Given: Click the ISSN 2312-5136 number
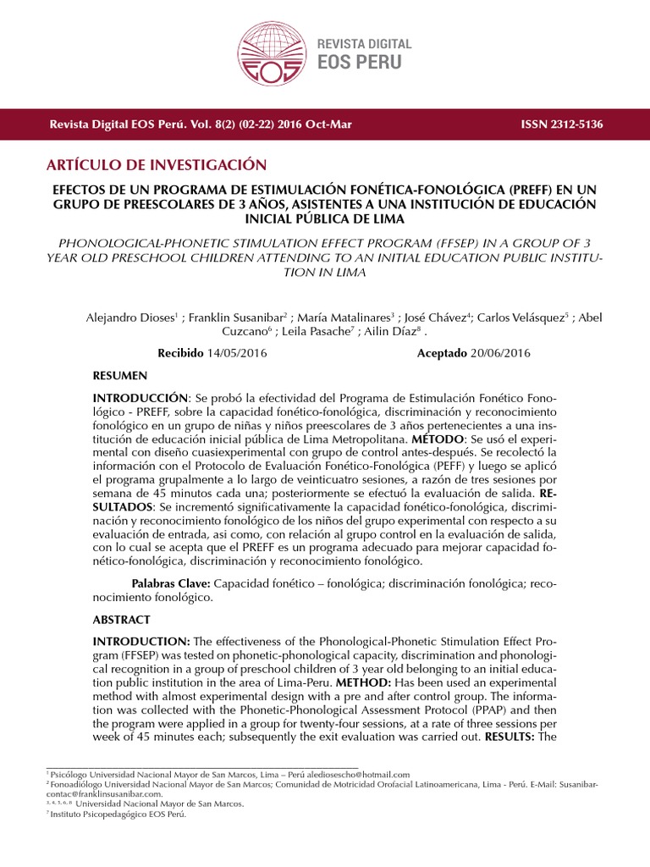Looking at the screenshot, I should point(561,124).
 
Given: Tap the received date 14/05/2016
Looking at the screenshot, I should point(237,353).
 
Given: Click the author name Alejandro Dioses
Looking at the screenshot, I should point(129,318).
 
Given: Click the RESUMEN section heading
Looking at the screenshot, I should point(119,375).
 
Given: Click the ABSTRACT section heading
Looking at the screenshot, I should point(121,620).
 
